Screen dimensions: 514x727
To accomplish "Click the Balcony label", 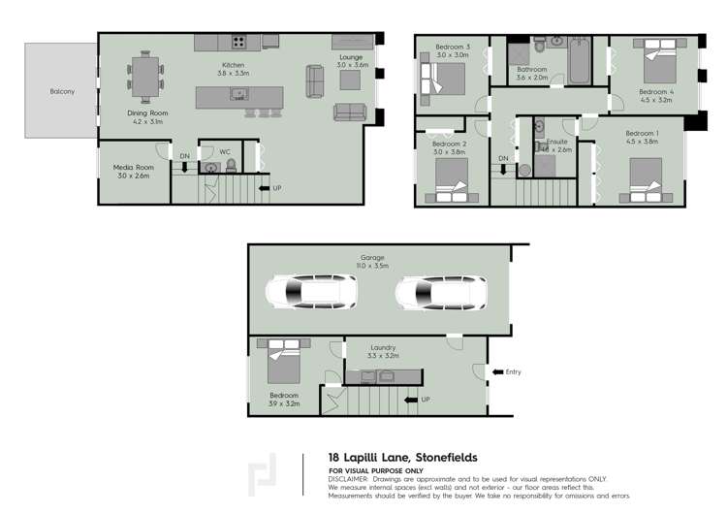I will [x=62, y=92].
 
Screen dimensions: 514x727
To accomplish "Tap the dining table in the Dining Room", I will [x=145, y=78].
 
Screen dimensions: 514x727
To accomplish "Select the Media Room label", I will [x=134, y=168].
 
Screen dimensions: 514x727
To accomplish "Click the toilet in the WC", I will [x=231, y=166].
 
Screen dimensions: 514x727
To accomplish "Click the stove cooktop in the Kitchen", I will [x=237, y=42].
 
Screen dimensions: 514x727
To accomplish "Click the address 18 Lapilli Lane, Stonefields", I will [x=402, y=457].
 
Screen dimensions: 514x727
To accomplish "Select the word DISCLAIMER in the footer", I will [x=348, y=478].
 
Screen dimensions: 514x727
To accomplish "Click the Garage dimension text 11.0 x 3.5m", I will [x=373, y=265].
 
